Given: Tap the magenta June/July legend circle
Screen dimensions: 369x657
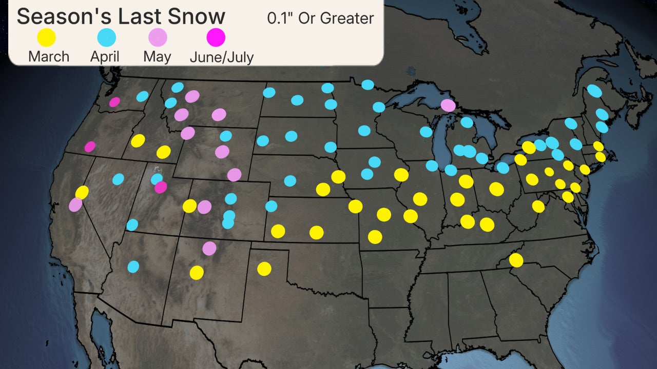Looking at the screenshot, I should [216, 37].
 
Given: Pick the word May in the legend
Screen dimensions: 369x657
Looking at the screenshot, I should [157, 56].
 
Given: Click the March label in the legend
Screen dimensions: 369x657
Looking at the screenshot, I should [49, 56].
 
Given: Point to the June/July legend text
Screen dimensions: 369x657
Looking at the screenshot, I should [221, 56].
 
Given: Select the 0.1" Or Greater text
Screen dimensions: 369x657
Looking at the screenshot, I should [320, 18].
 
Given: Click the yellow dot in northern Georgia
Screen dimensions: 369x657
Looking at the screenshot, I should [516, 260].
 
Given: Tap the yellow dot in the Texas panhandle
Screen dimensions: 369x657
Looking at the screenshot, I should [264, 269].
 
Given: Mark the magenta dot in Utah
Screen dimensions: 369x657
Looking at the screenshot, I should [161, 187].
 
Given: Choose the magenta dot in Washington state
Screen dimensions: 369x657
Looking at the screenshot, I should [114, 102].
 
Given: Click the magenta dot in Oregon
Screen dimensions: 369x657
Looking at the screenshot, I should [90, 147].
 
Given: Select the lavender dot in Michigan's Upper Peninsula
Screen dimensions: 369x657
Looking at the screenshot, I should [448, 105].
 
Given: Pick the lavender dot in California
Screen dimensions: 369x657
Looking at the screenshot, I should [75, 204].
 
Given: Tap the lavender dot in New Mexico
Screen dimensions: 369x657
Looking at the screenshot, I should [209, 249].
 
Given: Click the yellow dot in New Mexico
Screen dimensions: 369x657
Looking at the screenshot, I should [197, 273].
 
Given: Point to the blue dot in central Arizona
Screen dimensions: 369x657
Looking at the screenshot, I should [133, 266].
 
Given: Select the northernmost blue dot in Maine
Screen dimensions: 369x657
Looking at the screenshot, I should [594, 91].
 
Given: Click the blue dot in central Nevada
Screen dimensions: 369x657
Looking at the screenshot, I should [118, 179].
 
